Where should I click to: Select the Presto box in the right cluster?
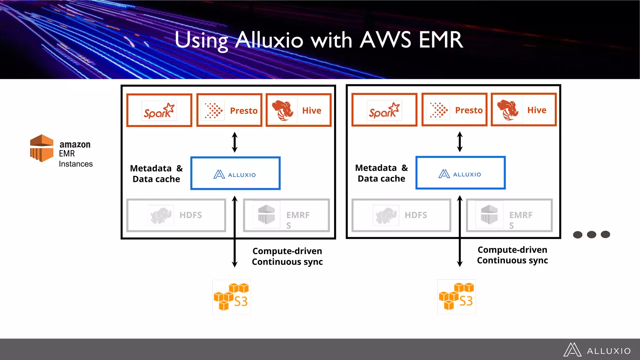(454, 110)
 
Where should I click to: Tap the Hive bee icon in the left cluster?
(282, 111)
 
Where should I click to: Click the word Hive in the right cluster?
(537, 110)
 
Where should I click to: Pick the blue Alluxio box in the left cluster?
(235, 173)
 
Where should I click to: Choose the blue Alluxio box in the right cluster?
(460, 172)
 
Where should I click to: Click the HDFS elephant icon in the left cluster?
(161, 215)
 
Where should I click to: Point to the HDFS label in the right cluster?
(416, 215)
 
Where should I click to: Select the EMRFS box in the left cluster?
(286, 215)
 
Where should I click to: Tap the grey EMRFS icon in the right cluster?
(489, 215)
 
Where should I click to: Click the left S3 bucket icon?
(231, 297)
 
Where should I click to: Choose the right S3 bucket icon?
(456, 297)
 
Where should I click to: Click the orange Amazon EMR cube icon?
(42, 148)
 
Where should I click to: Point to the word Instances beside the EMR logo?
(76, 164)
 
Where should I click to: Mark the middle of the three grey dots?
(591, 234)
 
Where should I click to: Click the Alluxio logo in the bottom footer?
(597, 350)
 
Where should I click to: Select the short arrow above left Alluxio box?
(235, 142)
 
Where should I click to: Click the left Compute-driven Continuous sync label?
(287, 256)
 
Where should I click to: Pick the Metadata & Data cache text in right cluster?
(381, 173)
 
